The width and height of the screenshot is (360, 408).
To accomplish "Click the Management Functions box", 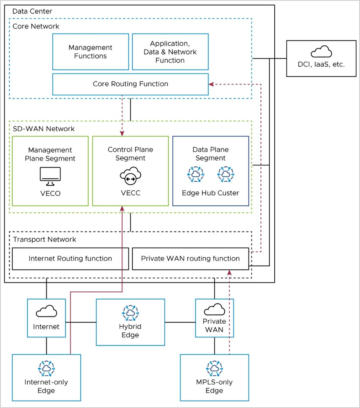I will coord(91,52).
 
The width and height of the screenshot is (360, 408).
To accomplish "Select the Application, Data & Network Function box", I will coord(170,52).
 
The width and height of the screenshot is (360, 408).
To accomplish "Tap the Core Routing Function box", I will coord(130,84).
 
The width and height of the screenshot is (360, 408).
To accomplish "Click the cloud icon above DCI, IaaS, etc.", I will coord(321,52).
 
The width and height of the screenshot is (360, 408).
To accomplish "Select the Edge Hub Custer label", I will coord(211,193).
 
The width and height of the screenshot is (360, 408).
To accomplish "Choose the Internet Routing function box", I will coord(70,259).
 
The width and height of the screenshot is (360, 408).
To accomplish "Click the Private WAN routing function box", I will coord(190,259).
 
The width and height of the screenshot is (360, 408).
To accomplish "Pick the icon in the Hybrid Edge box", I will coord(130,313).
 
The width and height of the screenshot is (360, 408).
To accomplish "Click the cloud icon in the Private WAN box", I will coord(214,309).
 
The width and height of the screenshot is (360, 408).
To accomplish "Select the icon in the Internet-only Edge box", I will coord(46,368).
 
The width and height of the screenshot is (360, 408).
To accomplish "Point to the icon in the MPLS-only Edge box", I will coord(214,368).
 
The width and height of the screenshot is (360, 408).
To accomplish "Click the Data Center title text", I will coord(32,11).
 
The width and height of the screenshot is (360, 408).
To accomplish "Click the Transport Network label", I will coord(44,239).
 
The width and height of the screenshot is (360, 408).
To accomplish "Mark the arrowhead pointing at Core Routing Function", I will coord(211,85).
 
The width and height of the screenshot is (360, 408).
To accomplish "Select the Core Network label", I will coord(36,26).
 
